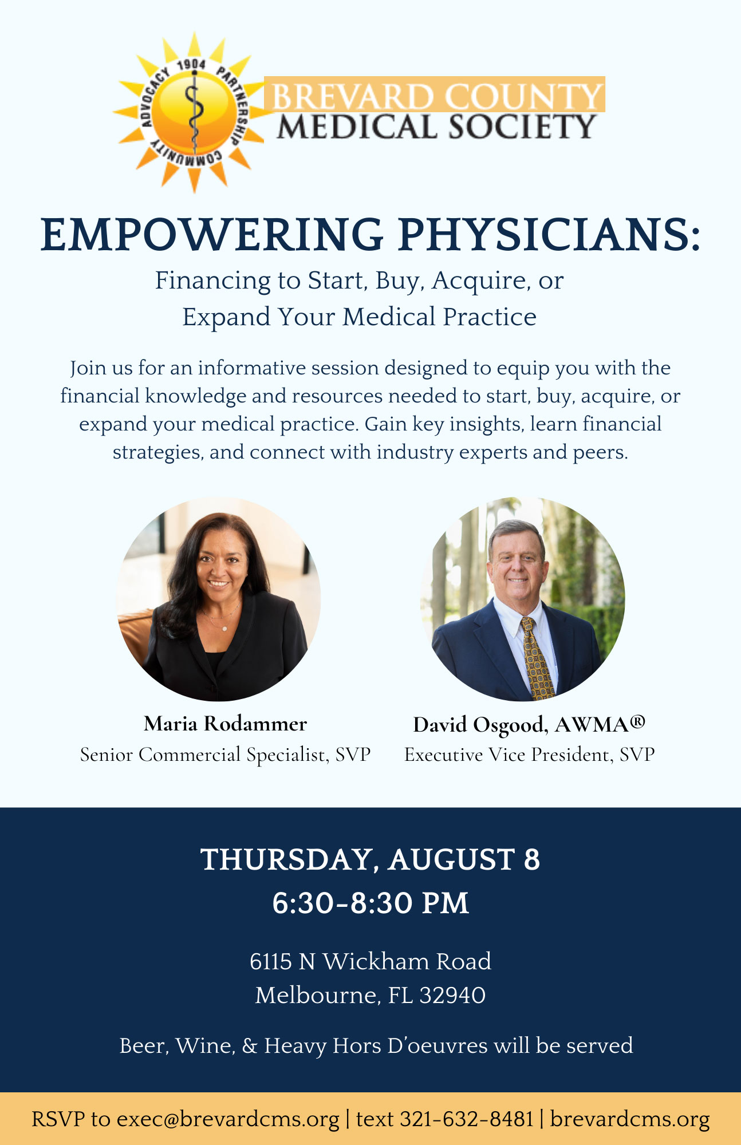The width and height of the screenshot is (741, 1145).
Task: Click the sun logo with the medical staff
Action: point(192,112)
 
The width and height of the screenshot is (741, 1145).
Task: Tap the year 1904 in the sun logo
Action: point(191,65)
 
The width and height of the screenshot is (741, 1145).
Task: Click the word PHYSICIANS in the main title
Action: point(549,234)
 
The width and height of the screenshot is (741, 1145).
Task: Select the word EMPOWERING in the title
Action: point(212,234)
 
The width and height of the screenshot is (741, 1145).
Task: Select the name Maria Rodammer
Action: point(225,724)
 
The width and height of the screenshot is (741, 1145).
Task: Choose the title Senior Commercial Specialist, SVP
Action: point(225,755)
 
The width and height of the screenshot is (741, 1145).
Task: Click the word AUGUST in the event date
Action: point(452,859)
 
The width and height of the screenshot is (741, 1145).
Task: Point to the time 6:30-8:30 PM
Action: point(370,903)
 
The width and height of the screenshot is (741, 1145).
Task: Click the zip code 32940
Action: point(452,995)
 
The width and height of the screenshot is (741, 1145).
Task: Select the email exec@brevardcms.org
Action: point(228,1119)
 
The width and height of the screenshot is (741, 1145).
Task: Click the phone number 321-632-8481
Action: point(467,1119)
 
